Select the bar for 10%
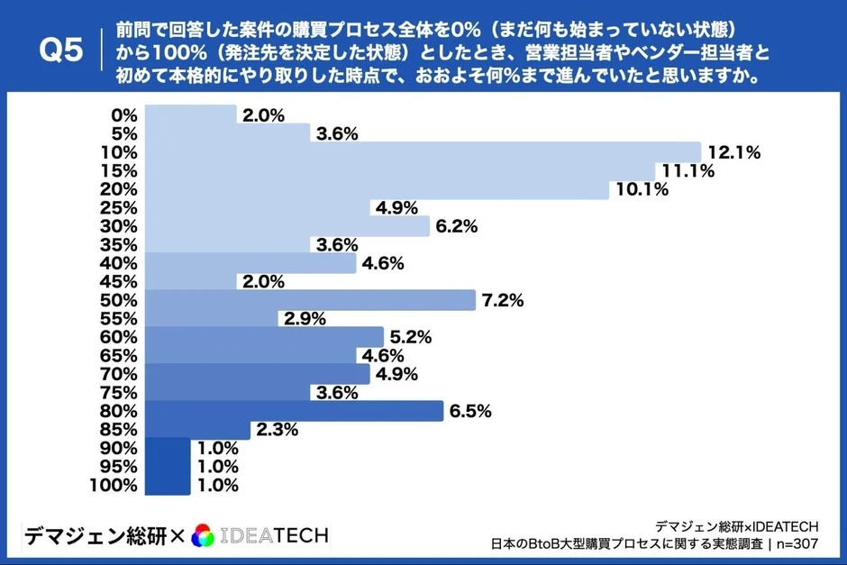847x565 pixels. (x=422, y=152)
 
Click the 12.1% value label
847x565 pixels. (x=735, y=153)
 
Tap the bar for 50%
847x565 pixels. (x=309, y=300)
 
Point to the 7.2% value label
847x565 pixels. (x=503, y=301)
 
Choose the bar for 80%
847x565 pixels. (x=294, y=411)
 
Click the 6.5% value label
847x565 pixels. (x=471, y=412)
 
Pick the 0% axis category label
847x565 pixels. (x=123, y=115)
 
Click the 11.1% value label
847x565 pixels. (x=688, y=171)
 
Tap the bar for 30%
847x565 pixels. (x=287, y=226)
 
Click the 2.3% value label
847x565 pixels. (x=278, y=430)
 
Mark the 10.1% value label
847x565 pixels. (x=642, y=190)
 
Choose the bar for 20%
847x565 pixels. (x=377, y=189)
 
